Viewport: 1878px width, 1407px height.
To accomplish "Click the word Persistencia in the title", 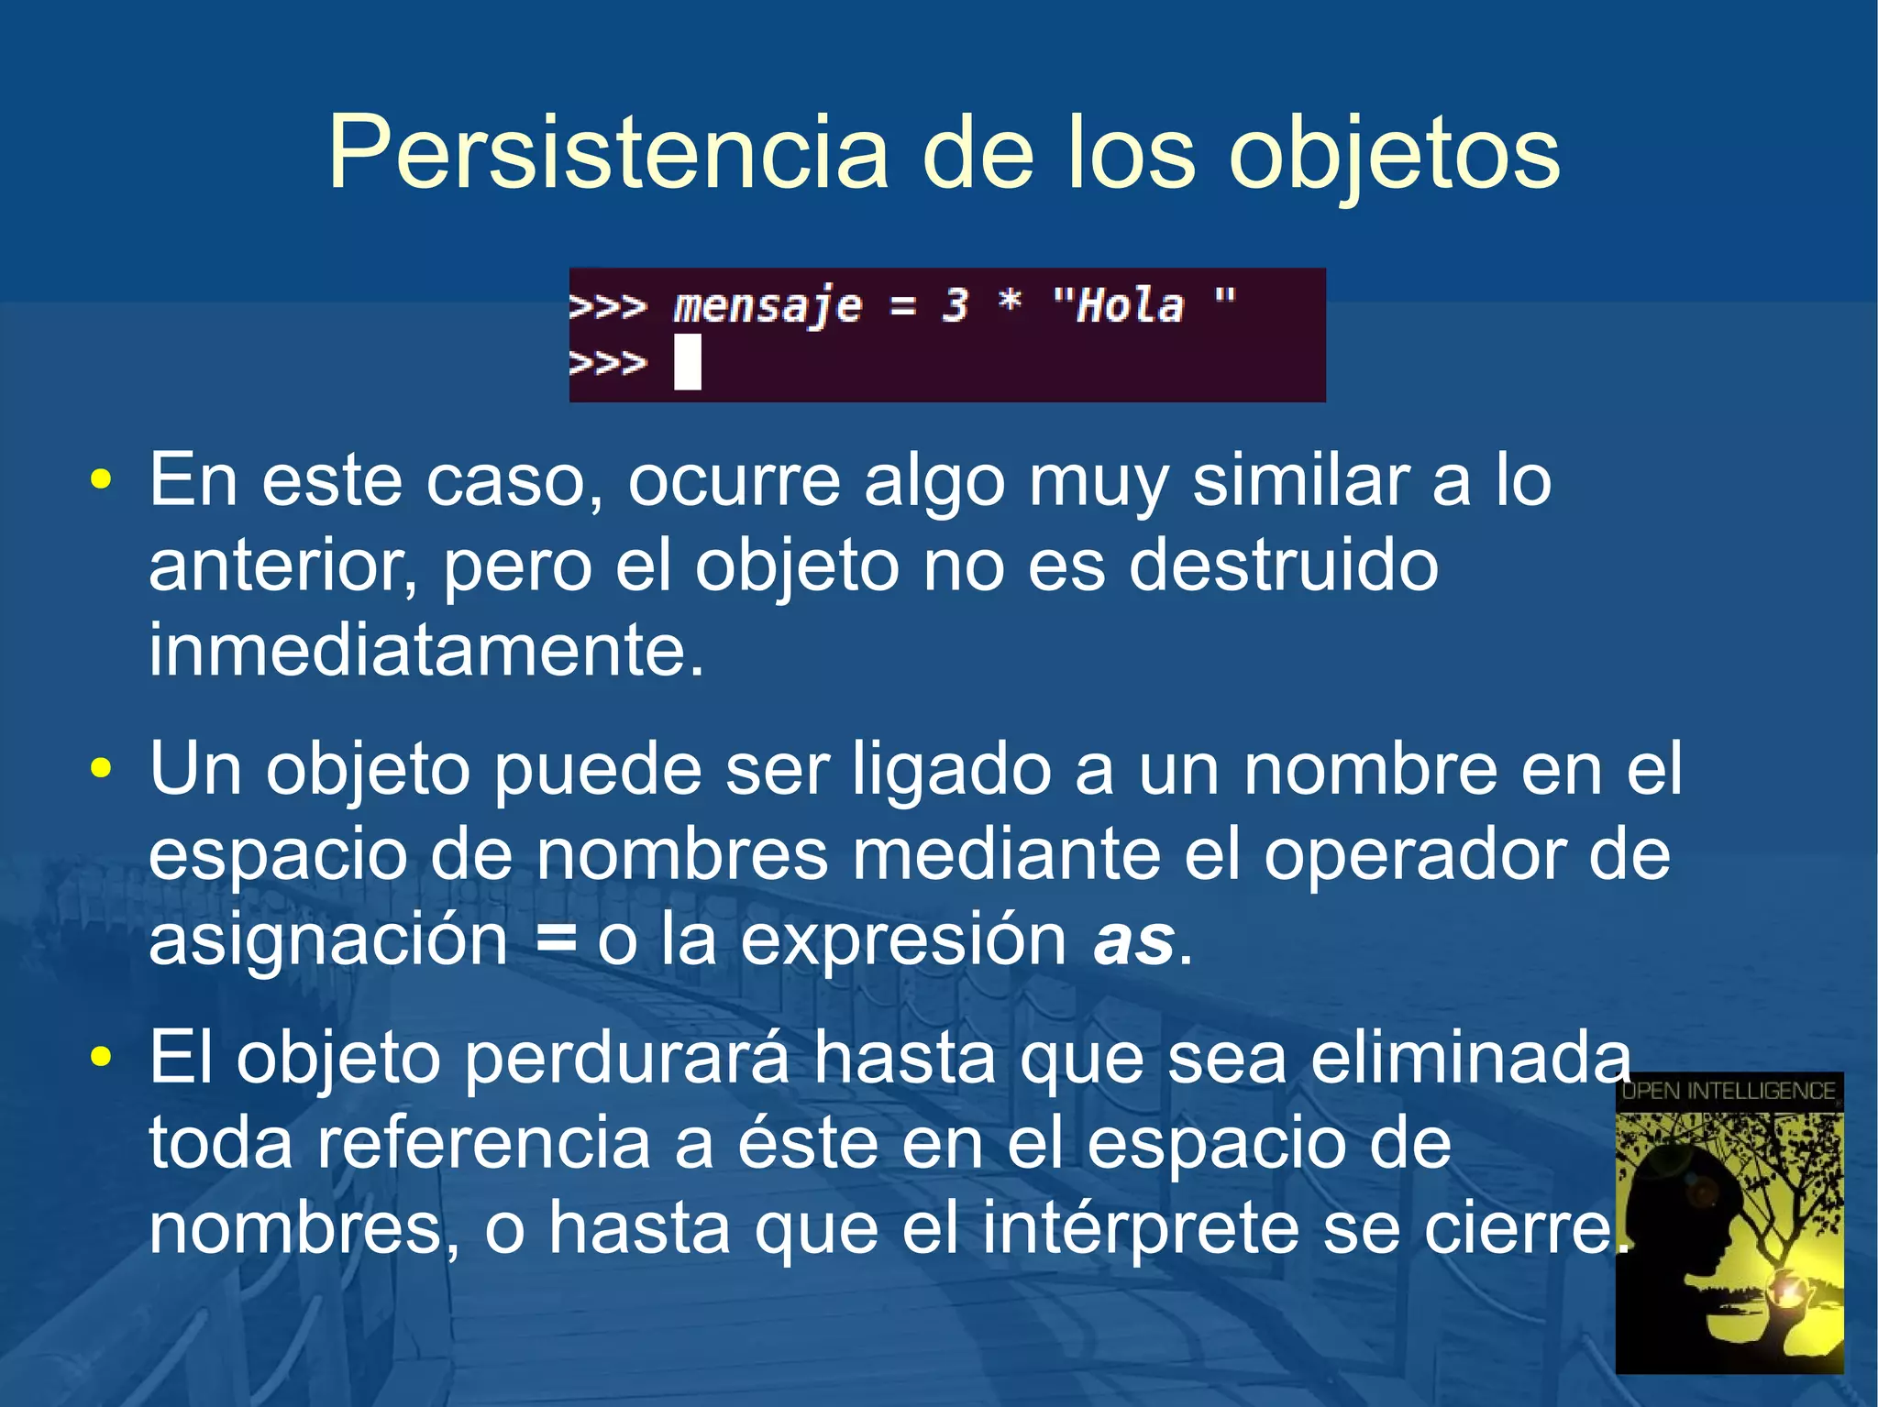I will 608,153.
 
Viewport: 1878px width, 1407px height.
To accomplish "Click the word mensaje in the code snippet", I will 768,306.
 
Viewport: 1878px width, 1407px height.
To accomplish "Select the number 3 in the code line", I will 956,305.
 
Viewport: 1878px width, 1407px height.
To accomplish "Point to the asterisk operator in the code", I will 1010,301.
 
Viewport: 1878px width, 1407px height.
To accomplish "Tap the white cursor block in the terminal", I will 688,362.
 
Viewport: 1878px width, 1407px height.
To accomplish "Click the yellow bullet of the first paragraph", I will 101,479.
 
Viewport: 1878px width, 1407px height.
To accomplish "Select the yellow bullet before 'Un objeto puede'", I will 101,768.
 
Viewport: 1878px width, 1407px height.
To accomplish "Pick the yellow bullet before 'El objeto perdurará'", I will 101,1057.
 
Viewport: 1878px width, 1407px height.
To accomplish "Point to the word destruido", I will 1283,566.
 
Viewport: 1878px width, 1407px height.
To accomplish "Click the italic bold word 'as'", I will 1133,940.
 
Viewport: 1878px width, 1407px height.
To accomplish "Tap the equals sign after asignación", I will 557,940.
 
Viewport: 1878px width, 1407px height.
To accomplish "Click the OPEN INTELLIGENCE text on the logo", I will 1729,1091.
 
